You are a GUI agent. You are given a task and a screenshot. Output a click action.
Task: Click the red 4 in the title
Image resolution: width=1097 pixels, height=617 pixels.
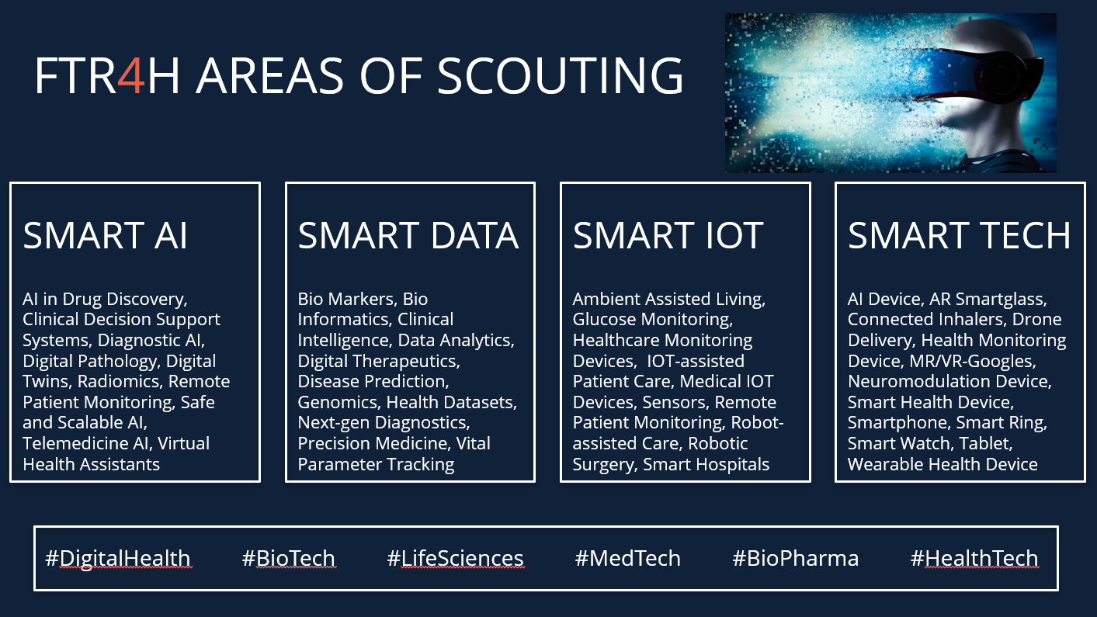click(131, 75)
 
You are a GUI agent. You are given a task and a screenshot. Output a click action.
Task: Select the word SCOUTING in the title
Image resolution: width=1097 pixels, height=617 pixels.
click(560, 75)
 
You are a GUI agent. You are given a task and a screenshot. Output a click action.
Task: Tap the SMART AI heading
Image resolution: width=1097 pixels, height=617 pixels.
click(105, 235)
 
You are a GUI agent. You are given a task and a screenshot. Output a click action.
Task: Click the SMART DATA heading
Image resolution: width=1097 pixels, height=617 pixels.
click(408, 235)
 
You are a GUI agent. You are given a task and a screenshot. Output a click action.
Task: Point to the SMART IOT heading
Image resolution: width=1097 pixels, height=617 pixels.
click(668, 235)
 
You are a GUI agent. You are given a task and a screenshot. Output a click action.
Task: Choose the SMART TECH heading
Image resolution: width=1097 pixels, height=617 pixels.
click(959, 235)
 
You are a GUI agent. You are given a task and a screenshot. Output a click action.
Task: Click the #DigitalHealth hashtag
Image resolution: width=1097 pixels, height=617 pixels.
click(117, 558)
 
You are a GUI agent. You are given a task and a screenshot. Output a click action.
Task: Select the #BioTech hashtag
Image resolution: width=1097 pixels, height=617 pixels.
click(289, 558)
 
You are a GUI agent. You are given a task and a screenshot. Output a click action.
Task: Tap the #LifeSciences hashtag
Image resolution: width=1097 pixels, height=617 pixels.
click(455, 558)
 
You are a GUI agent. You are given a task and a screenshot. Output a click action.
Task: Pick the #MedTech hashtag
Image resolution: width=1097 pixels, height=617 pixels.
click(627, 558)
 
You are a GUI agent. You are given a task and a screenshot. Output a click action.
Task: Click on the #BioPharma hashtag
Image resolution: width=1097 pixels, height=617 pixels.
click(795, 558)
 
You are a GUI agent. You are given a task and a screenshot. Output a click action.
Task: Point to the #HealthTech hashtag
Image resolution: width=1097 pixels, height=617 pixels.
click(974, 558)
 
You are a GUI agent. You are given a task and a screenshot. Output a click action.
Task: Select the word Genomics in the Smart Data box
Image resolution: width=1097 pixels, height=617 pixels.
click(337, 403)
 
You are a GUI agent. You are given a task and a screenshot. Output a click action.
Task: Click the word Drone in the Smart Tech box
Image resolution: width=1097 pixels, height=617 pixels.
click(1036, 319)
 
